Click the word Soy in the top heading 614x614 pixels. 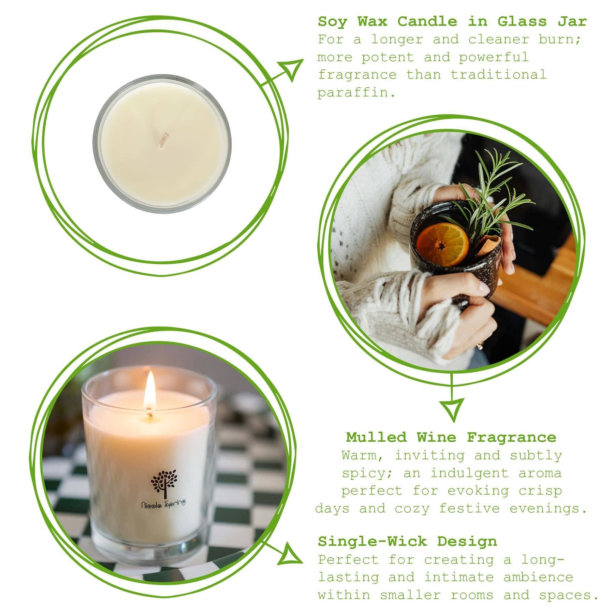pos(333,22)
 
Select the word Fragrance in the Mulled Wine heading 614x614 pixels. pos(511,437)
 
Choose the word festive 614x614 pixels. pos(469,509)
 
